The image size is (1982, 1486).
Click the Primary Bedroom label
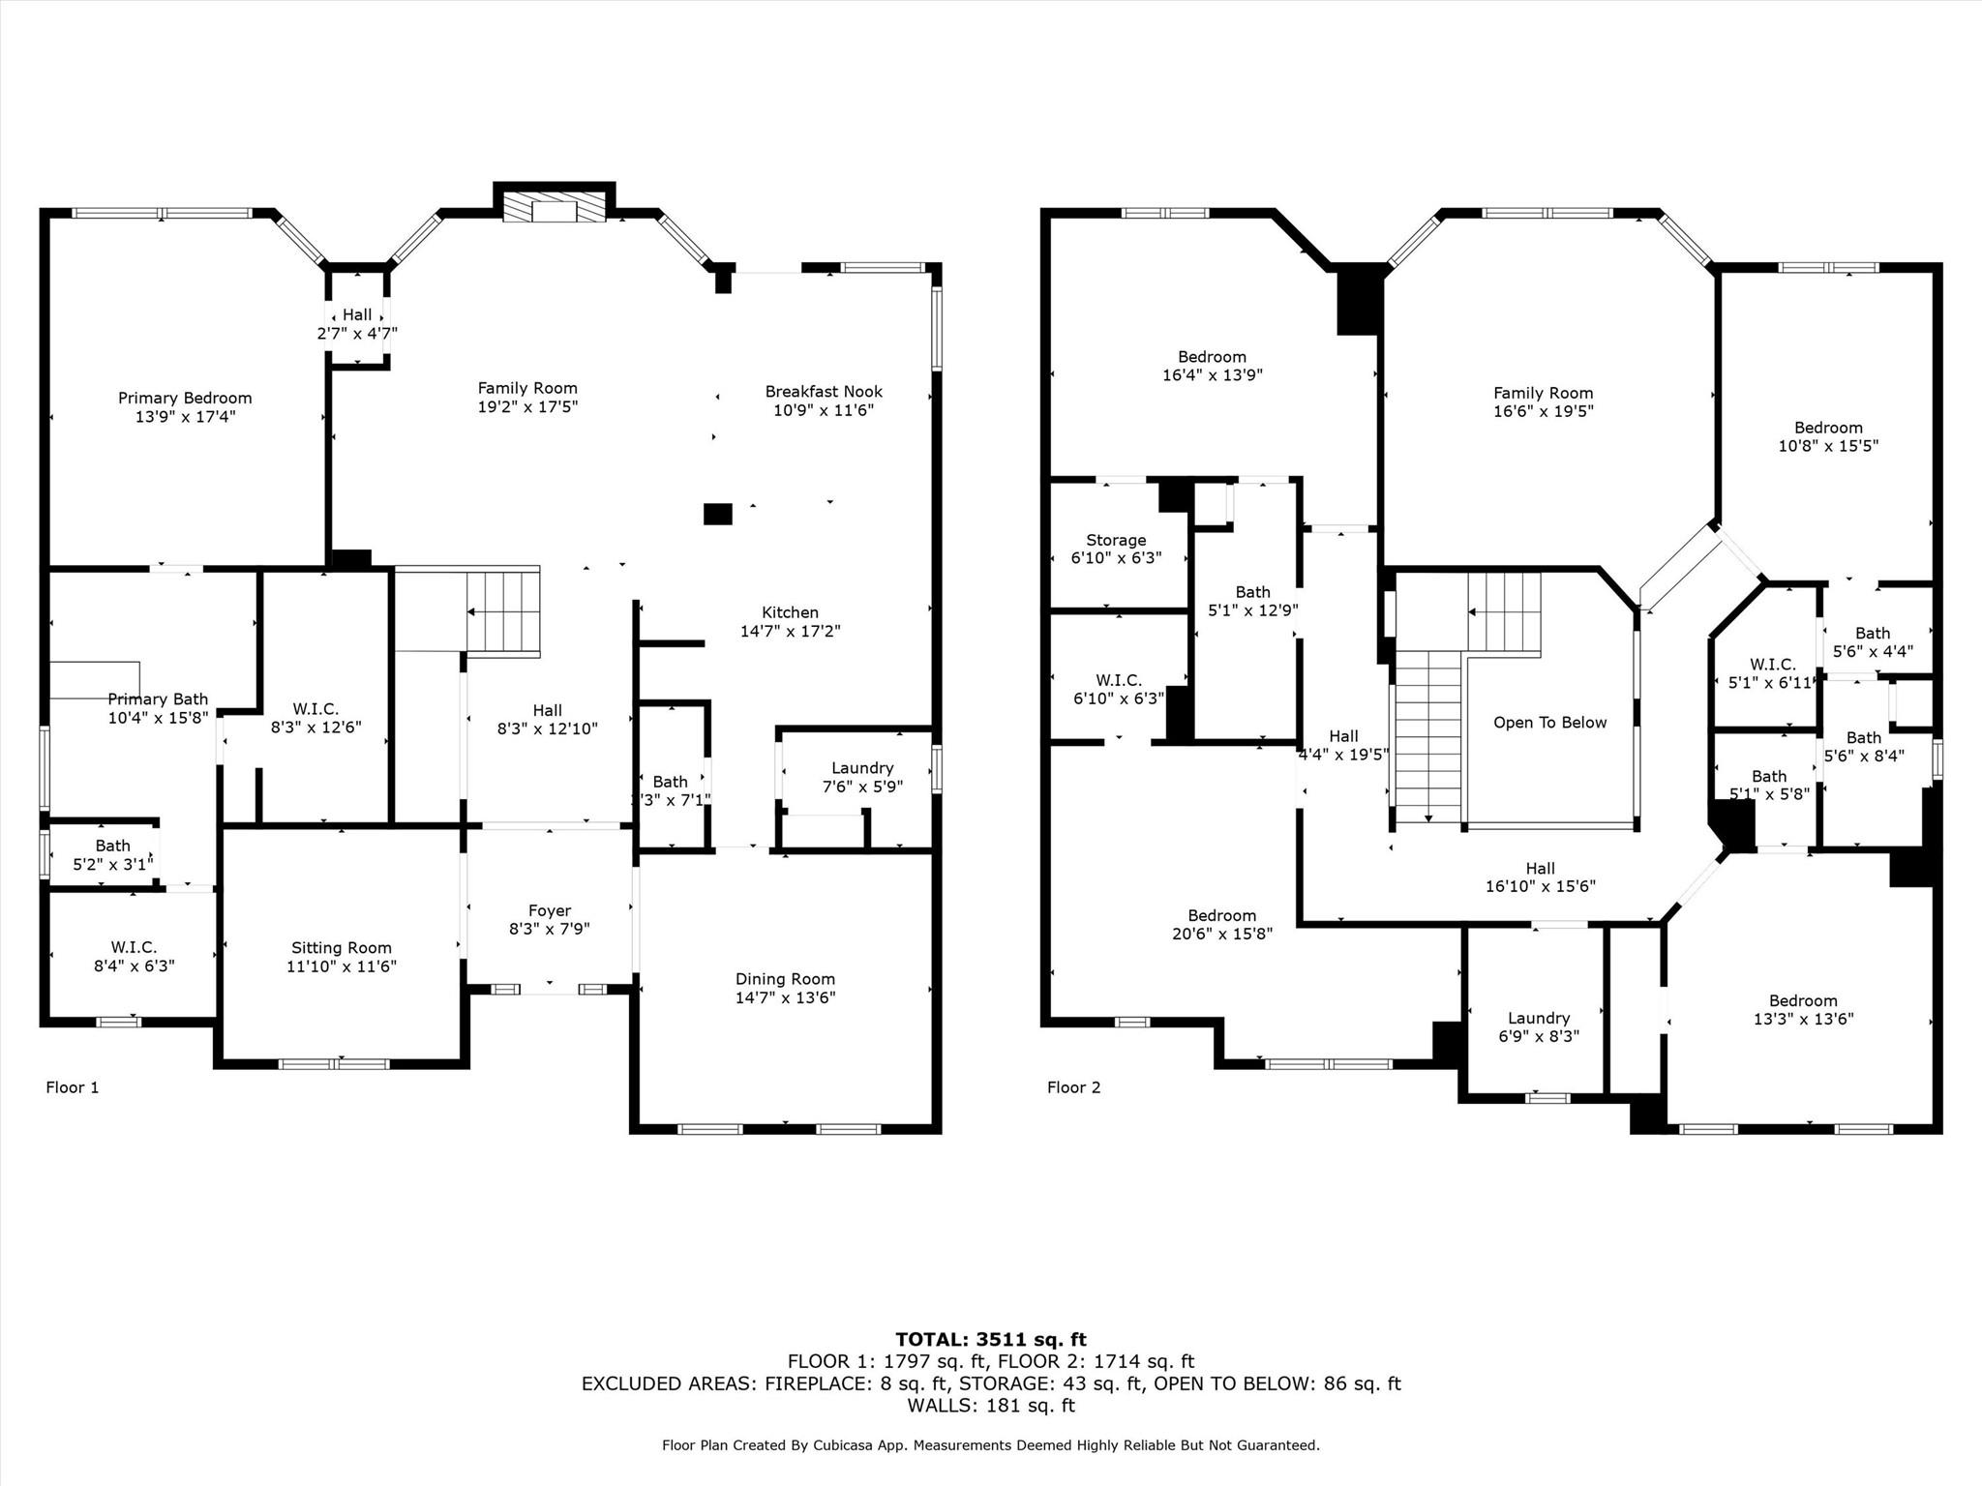click(185, 398)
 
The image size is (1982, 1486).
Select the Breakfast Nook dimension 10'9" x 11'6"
click(824, 410)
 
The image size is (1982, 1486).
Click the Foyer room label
click(549, 910)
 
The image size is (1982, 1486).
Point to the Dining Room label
click(785, 979)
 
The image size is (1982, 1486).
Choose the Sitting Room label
click(342, 948)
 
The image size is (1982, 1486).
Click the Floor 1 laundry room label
click(862, 768)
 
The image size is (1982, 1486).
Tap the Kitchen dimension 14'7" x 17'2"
click(790, 631)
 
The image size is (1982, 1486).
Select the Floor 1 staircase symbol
click(503, 612)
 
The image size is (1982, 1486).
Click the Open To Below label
click(1549, 723)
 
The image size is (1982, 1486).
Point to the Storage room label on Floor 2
click(1116, 540)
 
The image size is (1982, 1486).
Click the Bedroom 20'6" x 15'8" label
click(1222, 915)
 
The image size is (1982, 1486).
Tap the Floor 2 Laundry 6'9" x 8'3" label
click(1538, 1018)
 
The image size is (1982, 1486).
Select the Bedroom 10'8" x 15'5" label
click(1828, 428)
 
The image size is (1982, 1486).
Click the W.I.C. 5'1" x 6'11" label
click(1772, 665)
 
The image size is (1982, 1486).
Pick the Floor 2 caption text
click(1073, 1087)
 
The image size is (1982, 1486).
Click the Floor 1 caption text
click(73, 1087)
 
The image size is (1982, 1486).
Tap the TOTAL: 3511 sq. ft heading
click(990, 1340)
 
